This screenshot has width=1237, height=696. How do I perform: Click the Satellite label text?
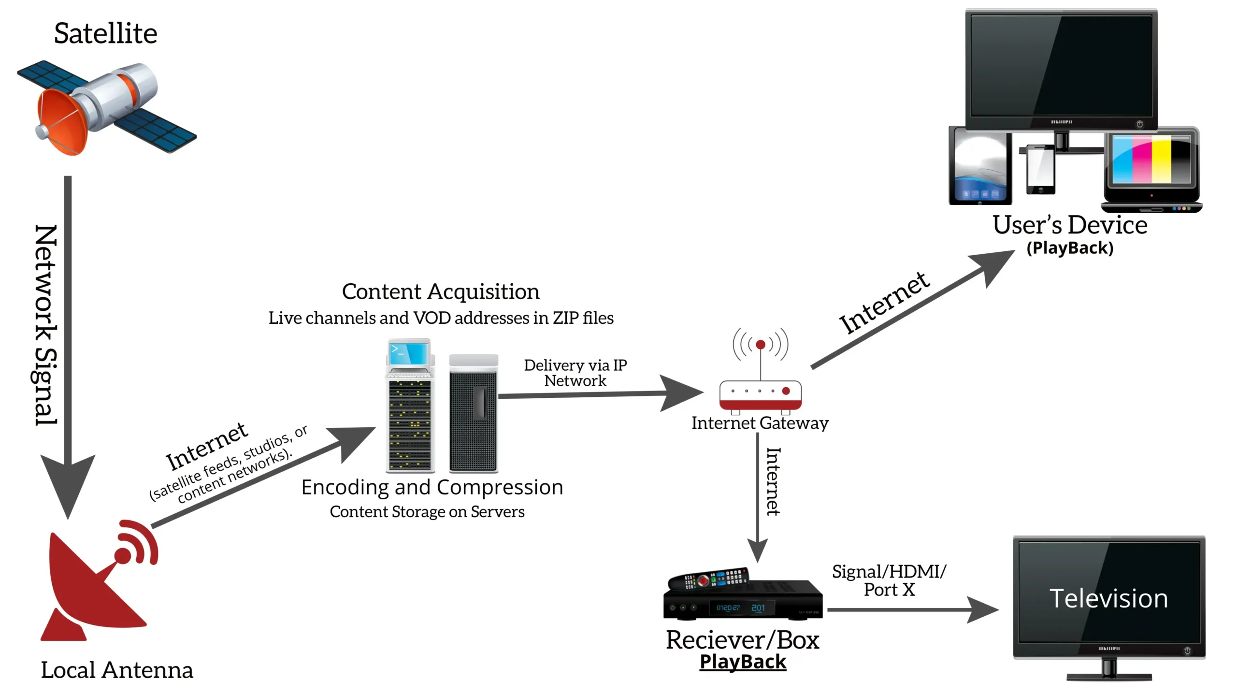click(105, 33)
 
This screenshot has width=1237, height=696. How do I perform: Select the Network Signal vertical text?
click(46, 325)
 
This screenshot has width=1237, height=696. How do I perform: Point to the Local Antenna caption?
click(116, 670)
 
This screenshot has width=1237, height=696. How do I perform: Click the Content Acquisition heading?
click(441, 291)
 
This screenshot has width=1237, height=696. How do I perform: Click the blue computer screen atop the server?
click(409, 353)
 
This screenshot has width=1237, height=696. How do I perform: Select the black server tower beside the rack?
click(473, 413)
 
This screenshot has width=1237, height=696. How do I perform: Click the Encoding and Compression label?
click(432, 487)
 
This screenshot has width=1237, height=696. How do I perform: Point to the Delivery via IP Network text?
click(575, 373)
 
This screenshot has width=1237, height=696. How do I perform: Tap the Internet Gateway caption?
click(760, 423)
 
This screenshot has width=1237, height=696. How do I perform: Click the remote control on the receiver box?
click(708, 579)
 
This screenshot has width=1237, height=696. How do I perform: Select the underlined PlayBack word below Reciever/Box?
click(743, 662)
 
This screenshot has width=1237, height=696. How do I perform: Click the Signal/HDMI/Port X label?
click(889, 580)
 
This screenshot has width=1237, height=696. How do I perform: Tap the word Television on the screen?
click(1108, 599)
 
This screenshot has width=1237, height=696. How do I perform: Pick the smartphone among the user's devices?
click(1040, 169)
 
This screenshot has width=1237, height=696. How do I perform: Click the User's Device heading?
click(1070, 225)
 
